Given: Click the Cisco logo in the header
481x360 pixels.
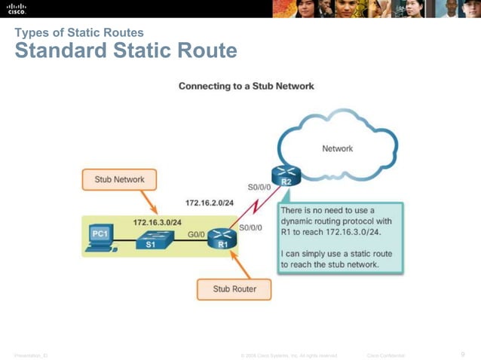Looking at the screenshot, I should pyautogui.click(x=17, y=8).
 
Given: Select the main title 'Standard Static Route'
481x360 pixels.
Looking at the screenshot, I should pyautogui.click(x=126, y=50).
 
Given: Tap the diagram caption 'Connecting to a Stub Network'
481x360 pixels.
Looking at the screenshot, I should pyautogui.click(x=246, y=86).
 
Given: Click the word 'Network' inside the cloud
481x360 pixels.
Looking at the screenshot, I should pyautogui.click(x=337, y=148).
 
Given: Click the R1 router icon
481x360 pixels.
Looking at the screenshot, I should pyautogui.click(x=222, y=239).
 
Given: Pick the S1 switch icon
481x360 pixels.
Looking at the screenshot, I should pyautogui.click(x=148, y=239).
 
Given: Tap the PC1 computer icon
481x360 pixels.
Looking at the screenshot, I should pyautogui.click(x=100, y=238).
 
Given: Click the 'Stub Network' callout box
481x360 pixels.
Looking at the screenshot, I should pyautogui.click(x=119, y=180).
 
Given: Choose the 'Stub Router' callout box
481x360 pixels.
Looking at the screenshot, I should pyautogui.click(x=234, y=288).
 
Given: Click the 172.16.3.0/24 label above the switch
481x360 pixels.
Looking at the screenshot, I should pyautogui.click(x=157, y=222).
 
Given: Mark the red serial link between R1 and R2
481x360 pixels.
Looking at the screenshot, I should pyautogui.click(x=254, y=206).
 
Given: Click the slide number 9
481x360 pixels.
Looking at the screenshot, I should pyautogui.click(x=462, y=354).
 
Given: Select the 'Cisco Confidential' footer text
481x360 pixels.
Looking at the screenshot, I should pyautogui.click(x=385, y=355).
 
